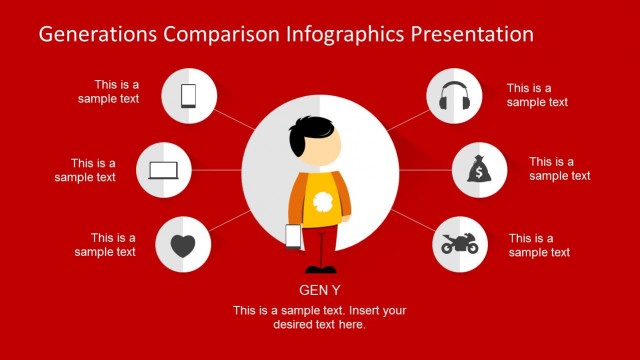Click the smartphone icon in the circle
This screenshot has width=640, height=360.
click(x=188, y=96)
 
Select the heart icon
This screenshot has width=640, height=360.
click(x=183, y=245)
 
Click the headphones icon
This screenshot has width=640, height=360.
click(x=455, y=96)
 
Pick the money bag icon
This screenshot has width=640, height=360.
click(x=480, y=170)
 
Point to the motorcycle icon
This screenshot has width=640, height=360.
click(x=460, y=243)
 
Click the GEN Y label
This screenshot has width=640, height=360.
click(x=320, y=291)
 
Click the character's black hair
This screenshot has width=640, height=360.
click(x=312, y=131)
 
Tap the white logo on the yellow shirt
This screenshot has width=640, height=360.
click(x=322, y=202)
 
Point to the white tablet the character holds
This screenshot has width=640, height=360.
click(x=294, y=236)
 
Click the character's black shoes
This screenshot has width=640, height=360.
click(x=320, y=268)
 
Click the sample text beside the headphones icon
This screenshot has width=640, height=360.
click(x=537, y=94)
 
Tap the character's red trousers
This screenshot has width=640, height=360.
click(x=320, y=245)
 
